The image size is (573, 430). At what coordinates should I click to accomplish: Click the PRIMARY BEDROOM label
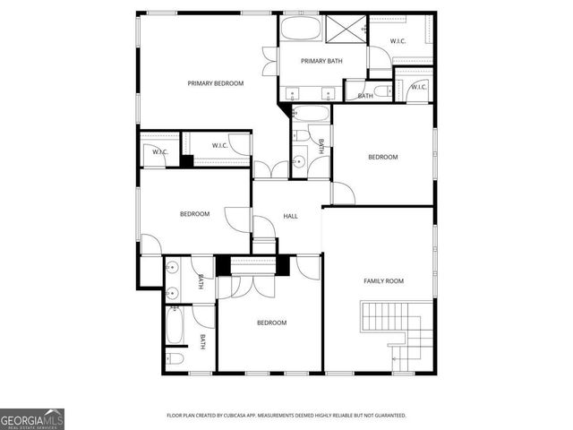coord(215,83)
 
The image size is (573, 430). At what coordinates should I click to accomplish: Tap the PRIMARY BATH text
coord(321,61)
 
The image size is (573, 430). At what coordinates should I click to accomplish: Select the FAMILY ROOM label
coord(383,280)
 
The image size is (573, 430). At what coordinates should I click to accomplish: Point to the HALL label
coord(290,216)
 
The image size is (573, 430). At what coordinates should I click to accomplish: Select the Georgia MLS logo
coord(32,418)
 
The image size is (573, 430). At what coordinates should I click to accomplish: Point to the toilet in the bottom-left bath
coord(176,359)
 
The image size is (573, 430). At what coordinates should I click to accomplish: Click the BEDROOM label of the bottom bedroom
coord(271,322)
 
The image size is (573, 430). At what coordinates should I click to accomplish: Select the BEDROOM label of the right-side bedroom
coord(382,157)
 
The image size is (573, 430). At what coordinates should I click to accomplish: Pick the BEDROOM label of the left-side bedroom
coord(194,213)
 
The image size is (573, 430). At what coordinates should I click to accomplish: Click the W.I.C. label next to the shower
coord(399,41)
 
